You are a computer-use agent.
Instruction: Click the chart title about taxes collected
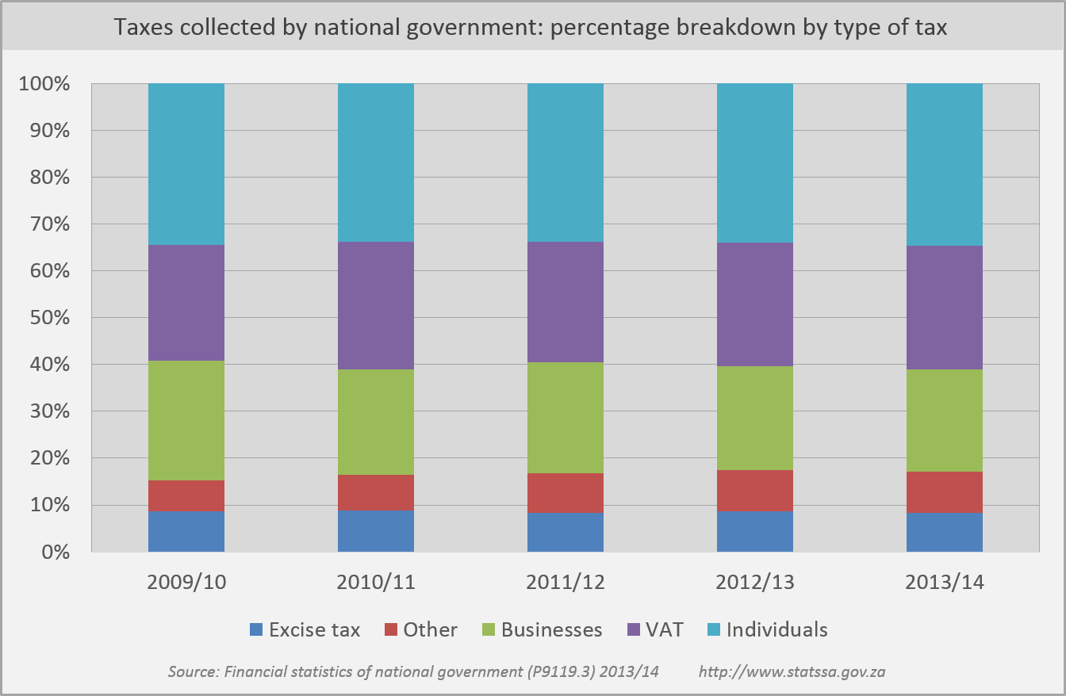click(x=530, y=28)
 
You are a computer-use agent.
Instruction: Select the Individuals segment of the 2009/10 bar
click(x=186, y=164)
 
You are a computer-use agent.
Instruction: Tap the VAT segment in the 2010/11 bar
click(x=376, y=305)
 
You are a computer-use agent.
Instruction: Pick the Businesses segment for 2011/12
click(x=566, y=418)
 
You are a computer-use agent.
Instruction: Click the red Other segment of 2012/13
click(x=755, y=491)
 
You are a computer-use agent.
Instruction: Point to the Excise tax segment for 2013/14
click(x=945, y=533)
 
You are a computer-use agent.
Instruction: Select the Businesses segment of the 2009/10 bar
click(x=186, y=420)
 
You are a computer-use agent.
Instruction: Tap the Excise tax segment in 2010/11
click(x=376, y=530)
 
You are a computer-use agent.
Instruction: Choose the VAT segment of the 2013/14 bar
click(x=945, y=308)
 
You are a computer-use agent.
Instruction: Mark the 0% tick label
click(x=53, y=552)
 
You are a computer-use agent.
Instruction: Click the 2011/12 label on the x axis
click(x=566, y=583)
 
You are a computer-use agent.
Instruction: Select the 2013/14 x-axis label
click(x=945, y=583)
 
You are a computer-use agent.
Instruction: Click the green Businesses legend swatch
click(x=489, y=630)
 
